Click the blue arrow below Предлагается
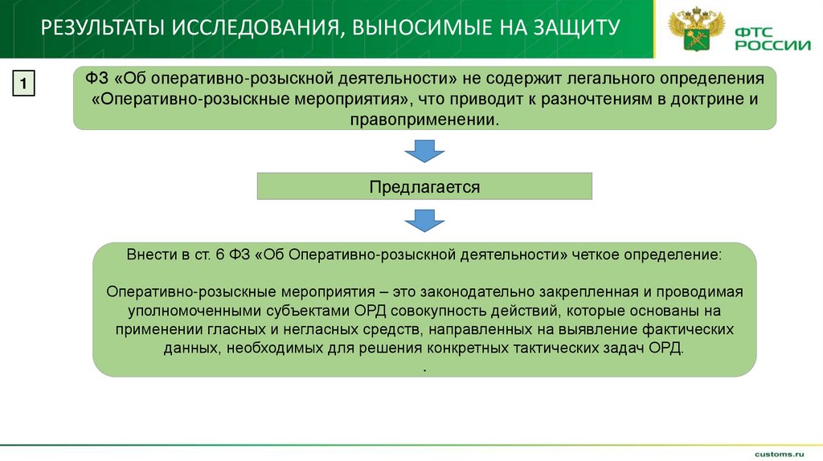(x=424, y=220)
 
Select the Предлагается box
(x=424, y=186)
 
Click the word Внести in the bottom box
(x=147, y=253)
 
